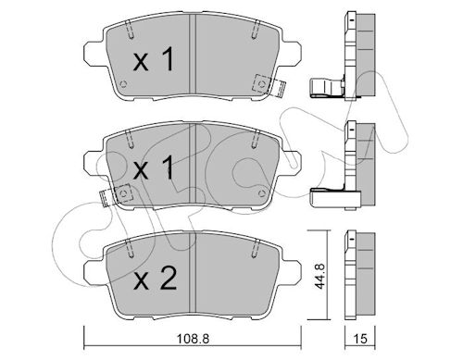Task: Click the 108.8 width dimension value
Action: [x=193, y=339]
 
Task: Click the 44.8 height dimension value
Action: [x=319, y=276]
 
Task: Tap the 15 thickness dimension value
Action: [x=360, y=339]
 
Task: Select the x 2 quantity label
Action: [x=155, y=279]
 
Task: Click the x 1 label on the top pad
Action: [x=154, y=60]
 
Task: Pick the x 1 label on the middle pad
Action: [x=154, y=168]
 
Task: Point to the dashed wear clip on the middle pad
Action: [x=116, y=195]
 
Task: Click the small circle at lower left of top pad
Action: [x=124, y=84]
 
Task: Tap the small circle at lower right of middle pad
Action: [x=262, y=193]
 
